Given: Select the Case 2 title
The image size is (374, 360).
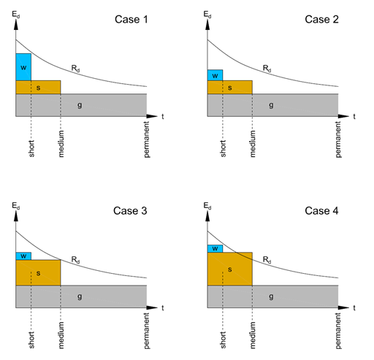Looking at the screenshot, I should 322,18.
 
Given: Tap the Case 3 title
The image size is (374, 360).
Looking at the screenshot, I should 131,211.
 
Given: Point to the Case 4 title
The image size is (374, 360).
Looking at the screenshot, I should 322,211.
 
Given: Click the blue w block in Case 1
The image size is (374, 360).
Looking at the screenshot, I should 23,67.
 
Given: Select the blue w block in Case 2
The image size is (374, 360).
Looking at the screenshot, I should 215,74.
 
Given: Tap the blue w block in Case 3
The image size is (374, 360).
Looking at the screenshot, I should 23,256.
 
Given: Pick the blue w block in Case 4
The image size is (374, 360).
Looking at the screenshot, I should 215,248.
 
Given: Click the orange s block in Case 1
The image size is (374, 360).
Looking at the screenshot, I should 38,87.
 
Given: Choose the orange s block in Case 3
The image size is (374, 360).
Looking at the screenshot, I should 38,272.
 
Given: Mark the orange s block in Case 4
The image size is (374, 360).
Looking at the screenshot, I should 229,269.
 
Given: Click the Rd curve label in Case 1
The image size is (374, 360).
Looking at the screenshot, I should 76,68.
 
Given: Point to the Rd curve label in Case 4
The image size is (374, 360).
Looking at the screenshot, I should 267,259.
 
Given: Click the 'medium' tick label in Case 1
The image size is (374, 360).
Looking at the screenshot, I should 61,145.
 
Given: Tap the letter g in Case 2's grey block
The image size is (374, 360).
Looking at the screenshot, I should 272,105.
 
